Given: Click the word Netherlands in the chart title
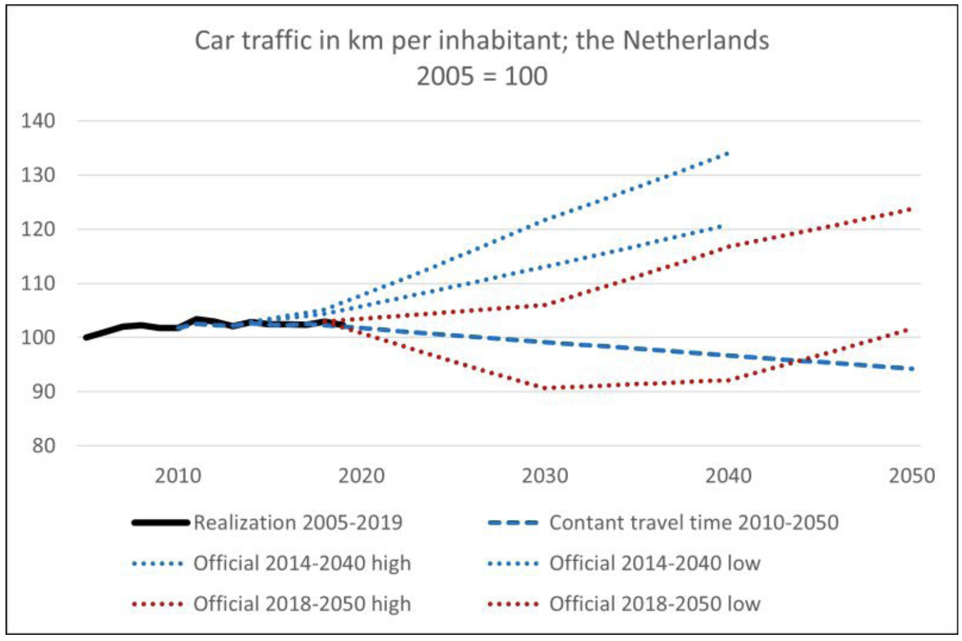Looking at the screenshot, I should click(x=696, y=41).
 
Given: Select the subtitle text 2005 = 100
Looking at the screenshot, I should click(x=482, y=77).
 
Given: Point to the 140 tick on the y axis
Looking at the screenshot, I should click(x=38, y=121).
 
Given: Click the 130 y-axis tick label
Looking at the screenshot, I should click(x=38, y=175).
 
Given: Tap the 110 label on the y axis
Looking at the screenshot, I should click(x=38, y=284).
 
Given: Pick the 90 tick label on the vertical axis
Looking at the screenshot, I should click(x=43, y=392).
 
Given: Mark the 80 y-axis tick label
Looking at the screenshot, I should click(x=43, y=446).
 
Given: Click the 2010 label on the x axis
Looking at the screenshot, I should click(x=178, y=476).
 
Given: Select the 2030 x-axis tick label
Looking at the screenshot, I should click(x=545, y=476).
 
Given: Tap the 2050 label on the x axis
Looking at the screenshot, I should click(x=912, y=476).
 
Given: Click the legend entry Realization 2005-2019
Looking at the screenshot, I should click(x=298, y=523).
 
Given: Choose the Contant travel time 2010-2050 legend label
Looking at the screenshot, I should click(x=693, y=523).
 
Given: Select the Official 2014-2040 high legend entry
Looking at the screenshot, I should click(x=302, y=563).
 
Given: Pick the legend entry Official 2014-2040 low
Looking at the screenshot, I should click(x=655, y=563).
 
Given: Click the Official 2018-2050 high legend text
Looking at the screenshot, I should click(x=302, y=604).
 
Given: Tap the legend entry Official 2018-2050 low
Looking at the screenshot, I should click(x=655, y=604).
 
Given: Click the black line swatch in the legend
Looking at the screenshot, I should click(x=160, y=523).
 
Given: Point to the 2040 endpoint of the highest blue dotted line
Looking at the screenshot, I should click(x=728, y=153).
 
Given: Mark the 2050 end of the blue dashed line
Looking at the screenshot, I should click(x=912, y=369).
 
